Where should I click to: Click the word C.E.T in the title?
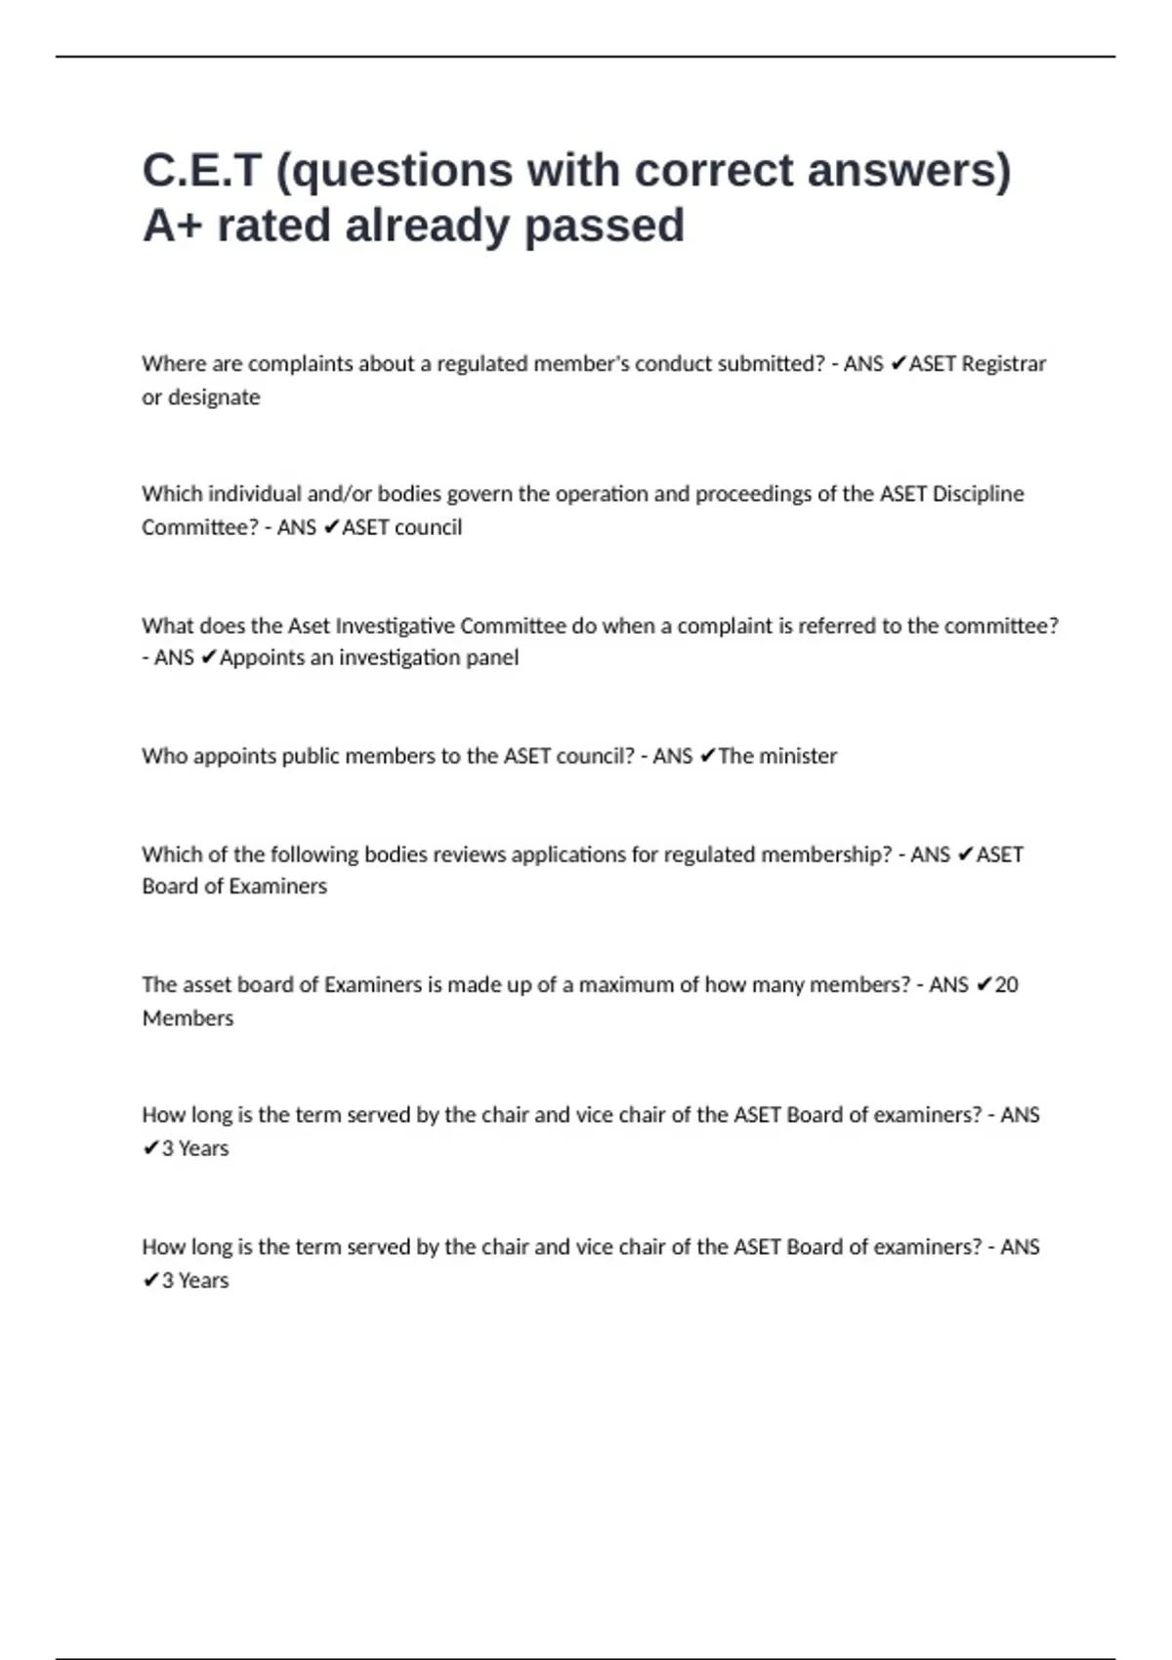(202, 170)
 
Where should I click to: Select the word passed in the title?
(605, 226)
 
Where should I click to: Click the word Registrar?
(1004, 364)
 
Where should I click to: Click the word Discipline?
(978, 494)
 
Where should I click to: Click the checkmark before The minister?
(708, 756)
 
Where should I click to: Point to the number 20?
(1006, 984)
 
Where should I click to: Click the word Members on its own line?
(188, 1018)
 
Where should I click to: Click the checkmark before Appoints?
(208, 658)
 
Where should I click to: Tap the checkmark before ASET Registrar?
(899, 364)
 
